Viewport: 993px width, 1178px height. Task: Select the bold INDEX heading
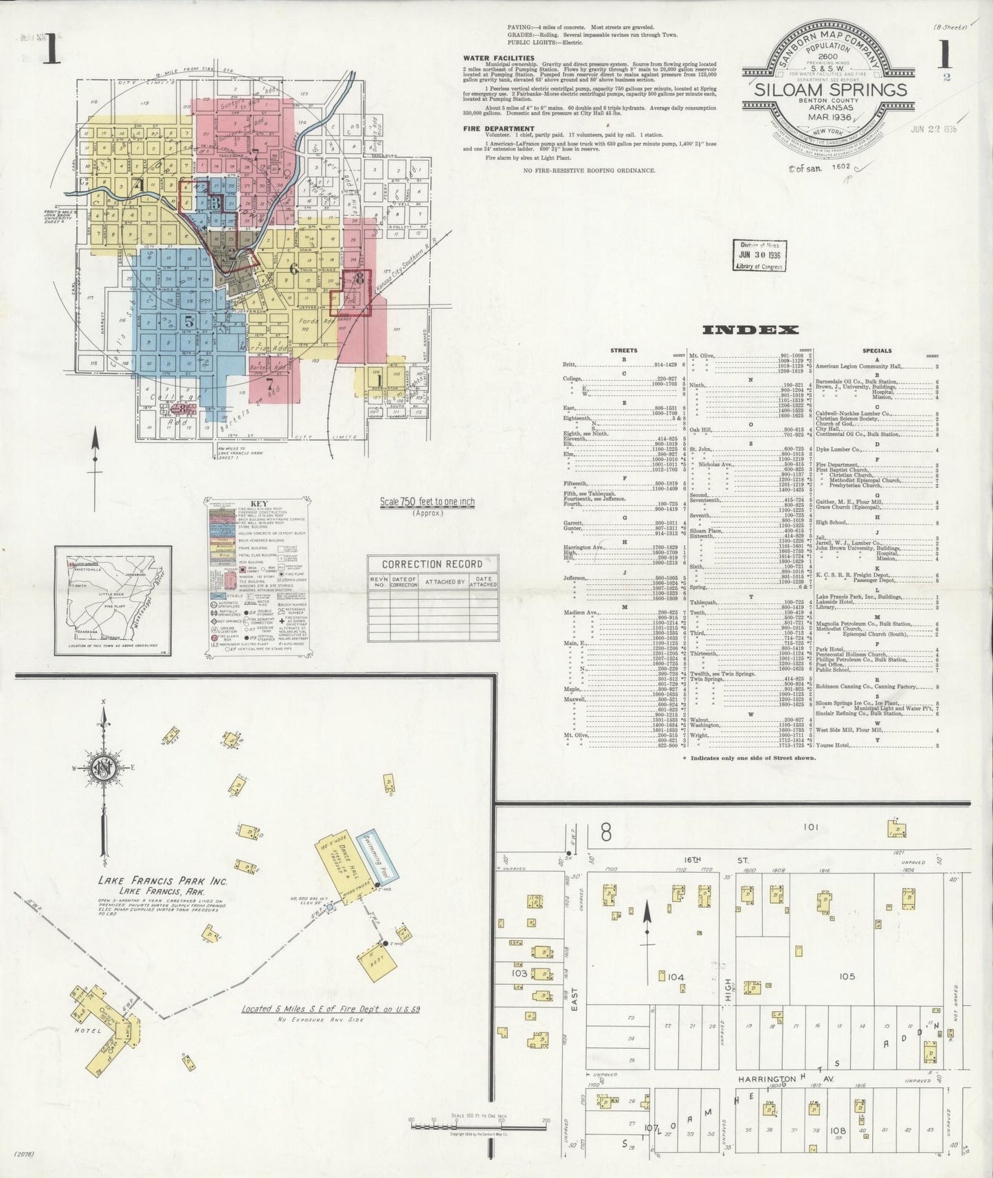coord(750,330)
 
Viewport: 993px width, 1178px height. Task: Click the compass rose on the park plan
coord(104,768)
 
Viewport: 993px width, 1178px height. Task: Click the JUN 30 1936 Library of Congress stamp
coord(759,256)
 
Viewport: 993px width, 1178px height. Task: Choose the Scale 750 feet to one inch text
coord(427,502)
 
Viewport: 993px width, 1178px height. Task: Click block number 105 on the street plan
coord(847,976)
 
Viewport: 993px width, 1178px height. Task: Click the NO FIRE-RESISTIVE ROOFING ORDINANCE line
coord(589,170)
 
